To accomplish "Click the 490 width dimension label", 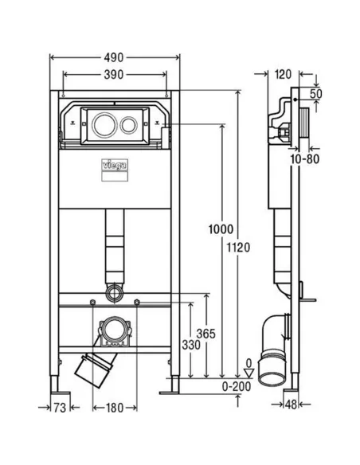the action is (x=114, y=57).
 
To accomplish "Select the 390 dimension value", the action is (x=114, y=75).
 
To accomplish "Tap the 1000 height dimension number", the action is (x=221, y=229).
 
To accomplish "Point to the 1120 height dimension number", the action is (x=238, y=247).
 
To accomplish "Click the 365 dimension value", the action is (x=205, y=334).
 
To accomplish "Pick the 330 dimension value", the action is (x=191, y=345).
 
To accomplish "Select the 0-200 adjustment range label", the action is (x=237, y=386).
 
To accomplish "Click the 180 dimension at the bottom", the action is (x=115, y=408).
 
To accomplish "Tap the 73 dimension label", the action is (x=60, y=408).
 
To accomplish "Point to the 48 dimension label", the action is (x=291, y=404).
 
